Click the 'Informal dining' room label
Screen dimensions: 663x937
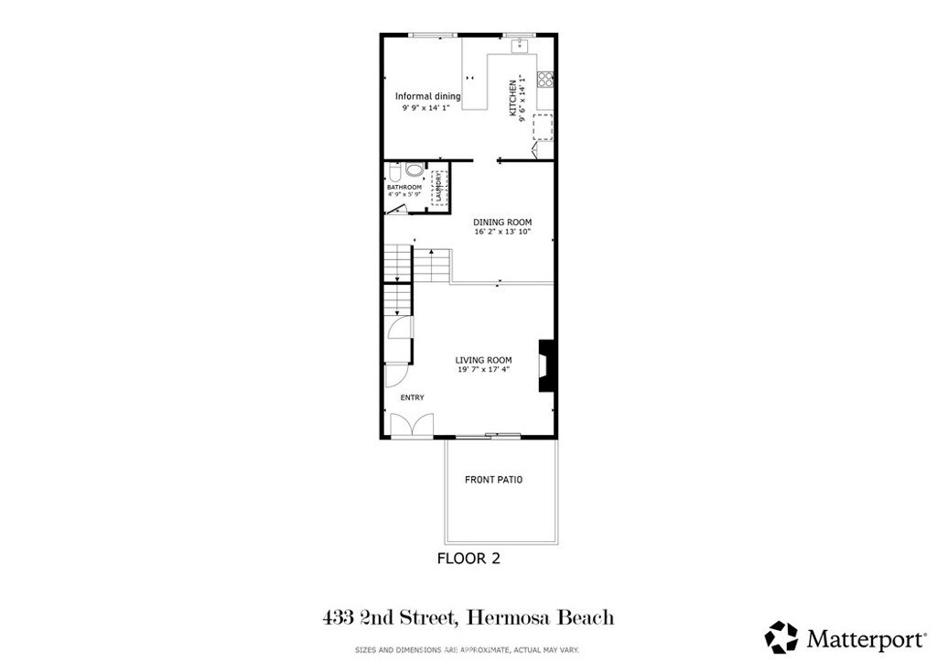click(427, 96)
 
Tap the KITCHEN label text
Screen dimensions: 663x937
click(513, 98)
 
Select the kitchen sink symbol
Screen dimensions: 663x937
click(524, 42)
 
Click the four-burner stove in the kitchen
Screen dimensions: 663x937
click(545, 79)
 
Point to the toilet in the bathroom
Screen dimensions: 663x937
click(393, 172)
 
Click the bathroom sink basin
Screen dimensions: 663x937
click(414, 170)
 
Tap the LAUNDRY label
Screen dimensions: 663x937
click(439, 188)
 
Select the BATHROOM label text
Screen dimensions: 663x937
click(404, 187)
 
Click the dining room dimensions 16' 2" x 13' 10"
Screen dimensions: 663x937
click(501, 233)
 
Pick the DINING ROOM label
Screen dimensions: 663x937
click(501, 223)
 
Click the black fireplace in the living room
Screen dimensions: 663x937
click(547, 366)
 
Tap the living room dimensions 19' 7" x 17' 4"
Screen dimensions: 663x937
click(483, 370)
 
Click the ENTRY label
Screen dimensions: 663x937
click(412, 397)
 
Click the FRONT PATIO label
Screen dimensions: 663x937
click(493, 480)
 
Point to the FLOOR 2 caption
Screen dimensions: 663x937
click(468, 558)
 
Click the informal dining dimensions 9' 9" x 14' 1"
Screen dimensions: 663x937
click(426, 107)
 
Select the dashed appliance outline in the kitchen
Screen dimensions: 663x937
click(543, 126)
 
